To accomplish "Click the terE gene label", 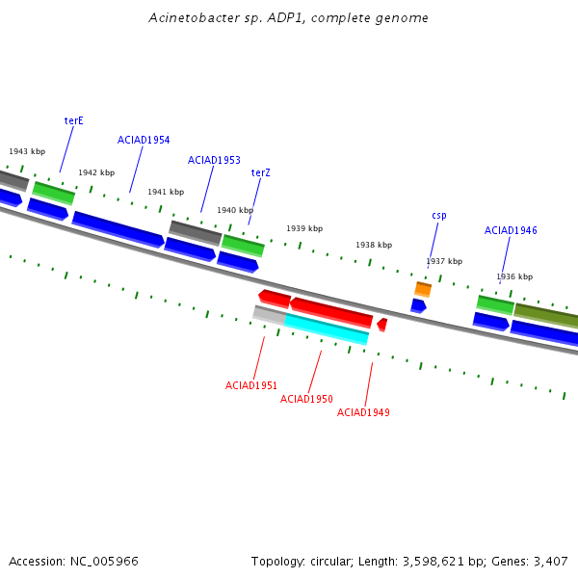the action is pos(74,121).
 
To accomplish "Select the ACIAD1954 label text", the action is pos(144,140).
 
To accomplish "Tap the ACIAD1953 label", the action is pos(214,160).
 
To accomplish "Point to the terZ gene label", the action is pos(261,172).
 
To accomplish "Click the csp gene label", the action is pos(439,215).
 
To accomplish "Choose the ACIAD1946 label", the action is pos(511,230).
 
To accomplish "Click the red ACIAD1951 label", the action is pos(251,385).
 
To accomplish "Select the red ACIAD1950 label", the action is pos(306,399).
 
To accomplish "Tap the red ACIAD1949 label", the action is pos(363,412).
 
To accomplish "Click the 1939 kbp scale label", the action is pos(304,228).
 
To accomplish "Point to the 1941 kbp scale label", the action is pos(166,192).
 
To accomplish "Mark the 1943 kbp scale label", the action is pos(27,151).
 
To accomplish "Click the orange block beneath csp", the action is pos(423,289).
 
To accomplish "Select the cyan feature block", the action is pos(327,328).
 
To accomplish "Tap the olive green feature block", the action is pos(546,316).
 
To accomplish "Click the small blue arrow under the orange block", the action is pos(418,306).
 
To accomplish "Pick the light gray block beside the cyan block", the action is pos(270,315).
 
